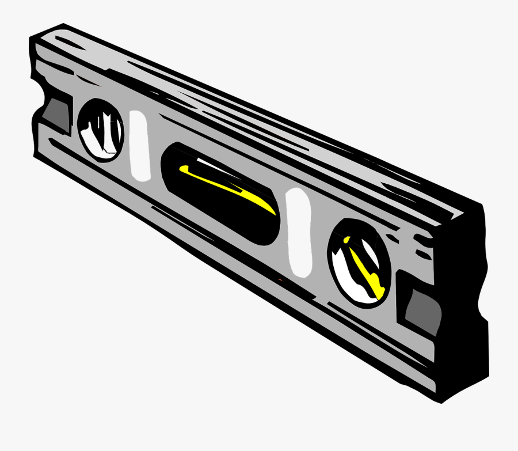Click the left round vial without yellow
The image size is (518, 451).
(x=100, y=130)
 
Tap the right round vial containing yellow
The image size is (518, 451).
(x=360, y=260)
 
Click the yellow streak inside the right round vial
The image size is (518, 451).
(x=366, y=268)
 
